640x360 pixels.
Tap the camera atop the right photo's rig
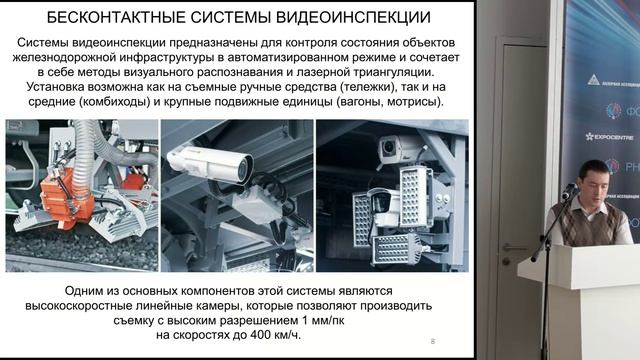tap(393, 149)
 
